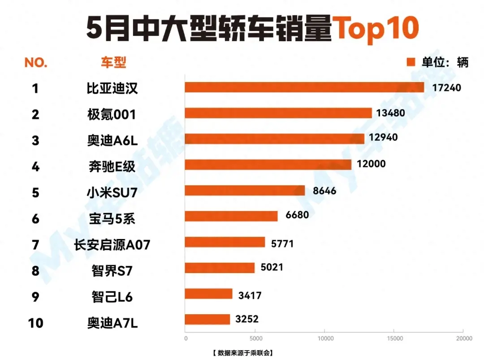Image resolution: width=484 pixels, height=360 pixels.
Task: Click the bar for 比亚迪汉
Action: coord(304,87)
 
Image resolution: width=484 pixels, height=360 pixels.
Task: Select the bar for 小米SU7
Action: coord(245,191)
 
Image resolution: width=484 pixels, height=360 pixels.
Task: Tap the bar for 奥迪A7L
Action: coord(207,320)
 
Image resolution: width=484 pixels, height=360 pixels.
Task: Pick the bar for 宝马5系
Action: coord(231,216)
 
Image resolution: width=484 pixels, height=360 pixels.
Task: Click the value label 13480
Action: coord(391,113)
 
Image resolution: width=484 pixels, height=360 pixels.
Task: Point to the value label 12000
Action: coord(371,164)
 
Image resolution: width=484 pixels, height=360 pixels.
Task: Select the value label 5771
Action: coord(282,243)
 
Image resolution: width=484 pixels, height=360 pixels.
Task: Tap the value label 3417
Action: coord(250,295)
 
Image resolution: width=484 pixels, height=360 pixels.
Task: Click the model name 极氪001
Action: coord(112,115)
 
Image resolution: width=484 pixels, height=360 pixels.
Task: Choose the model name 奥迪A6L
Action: coord(112,141)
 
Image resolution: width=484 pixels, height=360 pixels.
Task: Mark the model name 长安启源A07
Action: coord(112,245)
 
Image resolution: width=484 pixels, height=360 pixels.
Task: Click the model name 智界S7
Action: coord(112,271)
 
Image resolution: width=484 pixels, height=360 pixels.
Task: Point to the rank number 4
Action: coord(35,167)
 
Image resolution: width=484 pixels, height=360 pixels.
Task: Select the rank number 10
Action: coord(35,322)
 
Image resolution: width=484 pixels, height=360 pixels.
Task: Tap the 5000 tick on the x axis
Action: coord(255,338)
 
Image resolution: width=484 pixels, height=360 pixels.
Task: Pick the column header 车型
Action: coord(113,62)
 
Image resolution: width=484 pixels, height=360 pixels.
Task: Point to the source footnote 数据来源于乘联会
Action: coord(242,352)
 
